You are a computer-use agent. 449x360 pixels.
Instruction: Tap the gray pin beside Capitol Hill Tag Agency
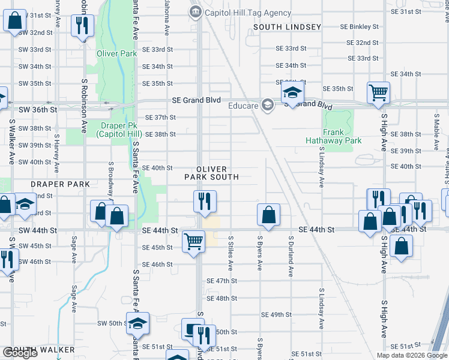(196, 12)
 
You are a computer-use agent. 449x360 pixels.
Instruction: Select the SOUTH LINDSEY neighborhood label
(287, 27)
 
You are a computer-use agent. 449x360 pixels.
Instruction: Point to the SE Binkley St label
(360, 27)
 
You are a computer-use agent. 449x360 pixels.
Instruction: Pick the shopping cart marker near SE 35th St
(379, 93)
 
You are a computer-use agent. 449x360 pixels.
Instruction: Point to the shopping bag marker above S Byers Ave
(268, 215)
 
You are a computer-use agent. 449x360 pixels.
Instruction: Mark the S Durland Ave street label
(291, 256)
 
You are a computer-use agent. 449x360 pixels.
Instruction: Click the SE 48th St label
(221, 298)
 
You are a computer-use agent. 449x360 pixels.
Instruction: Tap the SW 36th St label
(37, 110)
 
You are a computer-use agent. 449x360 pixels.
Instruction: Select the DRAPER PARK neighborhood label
(54, 184)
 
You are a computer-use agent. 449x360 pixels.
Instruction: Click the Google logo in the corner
(20, 353)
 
